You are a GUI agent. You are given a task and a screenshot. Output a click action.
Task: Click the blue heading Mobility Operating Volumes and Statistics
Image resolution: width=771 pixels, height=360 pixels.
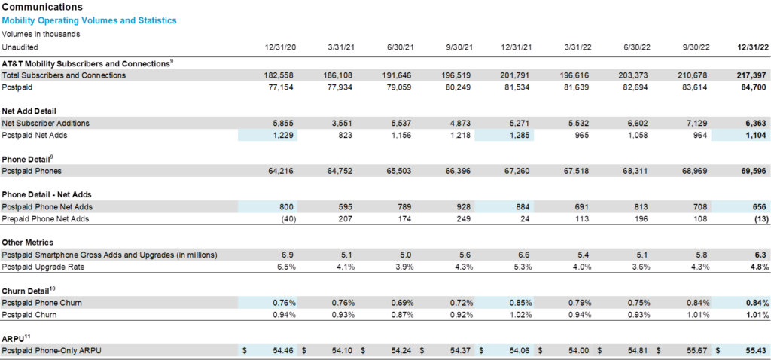[x=90, y=20]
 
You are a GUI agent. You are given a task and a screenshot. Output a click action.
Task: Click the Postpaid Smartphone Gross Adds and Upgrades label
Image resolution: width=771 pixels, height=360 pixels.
[x=110, y=255]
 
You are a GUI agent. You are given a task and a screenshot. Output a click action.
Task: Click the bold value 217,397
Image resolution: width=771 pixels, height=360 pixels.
[x=752, y=75]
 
